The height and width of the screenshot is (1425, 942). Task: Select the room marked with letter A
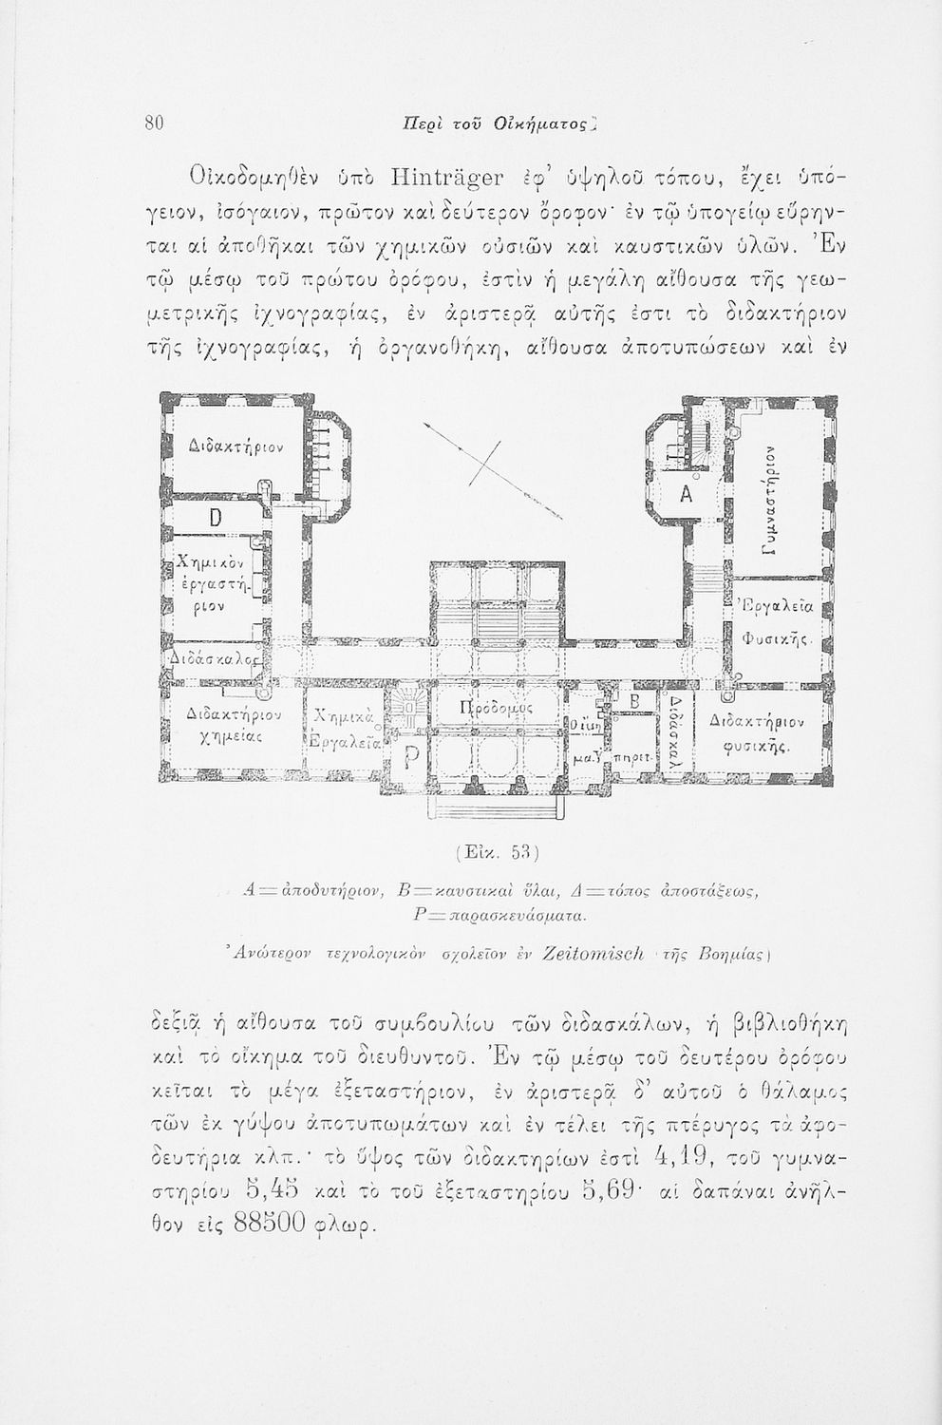[x=689, y=495]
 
